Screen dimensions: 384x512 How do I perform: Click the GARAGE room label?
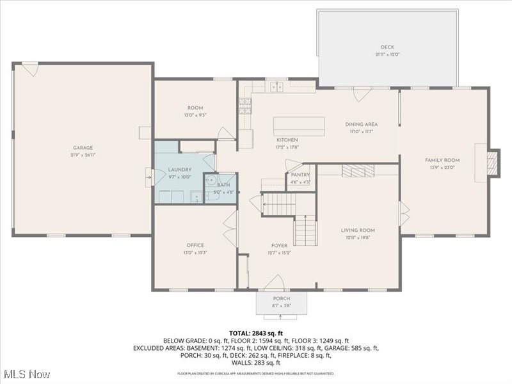[x=82, y=148]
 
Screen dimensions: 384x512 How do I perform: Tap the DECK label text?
[x=387, y=47]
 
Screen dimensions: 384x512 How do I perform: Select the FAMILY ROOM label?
[x=442, y=160]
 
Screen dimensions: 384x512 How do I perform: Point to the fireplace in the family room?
[x=492, y=163]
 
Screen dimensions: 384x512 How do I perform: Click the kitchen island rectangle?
[x=299, y=126]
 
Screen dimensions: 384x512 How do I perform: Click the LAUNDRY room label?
[x=180, y=170]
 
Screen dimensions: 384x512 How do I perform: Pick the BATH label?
[x=223, y=184]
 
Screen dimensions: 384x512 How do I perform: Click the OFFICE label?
[x=195, y=245]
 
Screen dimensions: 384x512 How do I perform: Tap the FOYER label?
[x=278, y=245]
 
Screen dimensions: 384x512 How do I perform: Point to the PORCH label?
[x=282, y=299]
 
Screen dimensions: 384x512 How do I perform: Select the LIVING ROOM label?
[x=358, y=230]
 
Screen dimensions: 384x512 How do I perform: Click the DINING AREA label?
[x=361, y=124]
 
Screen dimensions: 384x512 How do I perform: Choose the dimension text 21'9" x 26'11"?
[x=82, y=156]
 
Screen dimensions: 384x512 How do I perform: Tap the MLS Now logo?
[x=26, y=373]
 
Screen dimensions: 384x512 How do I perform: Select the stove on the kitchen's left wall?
[x=245, y=106]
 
